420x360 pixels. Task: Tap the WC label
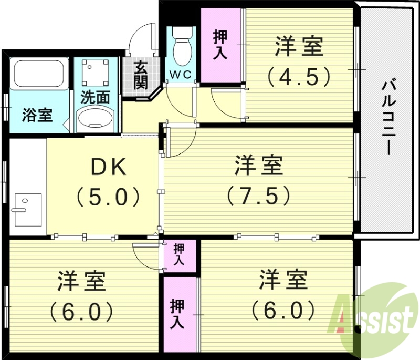180,74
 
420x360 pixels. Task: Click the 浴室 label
37,115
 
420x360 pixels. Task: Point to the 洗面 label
95,98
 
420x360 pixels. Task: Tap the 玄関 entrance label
140,75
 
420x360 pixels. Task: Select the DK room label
109,168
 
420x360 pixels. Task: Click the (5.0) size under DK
108,197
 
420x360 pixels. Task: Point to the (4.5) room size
299,77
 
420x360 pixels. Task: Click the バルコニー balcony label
388,117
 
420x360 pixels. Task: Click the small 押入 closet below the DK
180,254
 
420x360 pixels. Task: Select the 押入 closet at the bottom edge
177,314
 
